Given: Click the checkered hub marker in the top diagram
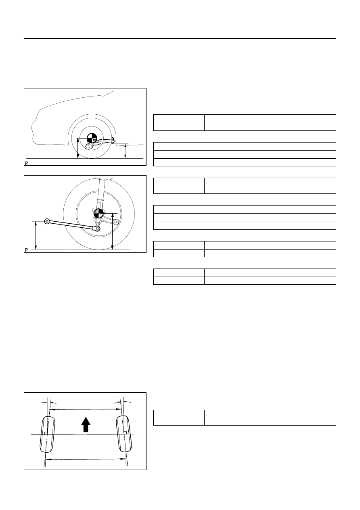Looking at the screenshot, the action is (92, 138).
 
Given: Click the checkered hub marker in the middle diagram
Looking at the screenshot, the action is (99, 213).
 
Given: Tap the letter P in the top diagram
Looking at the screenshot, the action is (26, 163).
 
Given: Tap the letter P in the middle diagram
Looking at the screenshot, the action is (26, 250).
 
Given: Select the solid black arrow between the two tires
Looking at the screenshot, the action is (86, 424).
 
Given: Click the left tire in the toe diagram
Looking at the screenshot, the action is (47, 434).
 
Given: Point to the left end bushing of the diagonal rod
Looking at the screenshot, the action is (47, 221).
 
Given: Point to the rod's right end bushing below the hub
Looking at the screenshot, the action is (97, 228).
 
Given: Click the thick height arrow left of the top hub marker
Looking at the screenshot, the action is (78, 148).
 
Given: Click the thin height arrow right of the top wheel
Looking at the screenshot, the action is (125, 151).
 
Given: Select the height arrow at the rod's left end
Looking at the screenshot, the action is (36, 235).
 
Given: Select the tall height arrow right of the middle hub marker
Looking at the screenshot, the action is (113, 231).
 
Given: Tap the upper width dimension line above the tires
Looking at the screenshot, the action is (86, 409).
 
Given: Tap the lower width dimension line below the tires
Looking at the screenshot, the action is (86, 459).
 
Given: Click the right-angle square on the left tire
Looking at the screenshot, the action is (46, 433).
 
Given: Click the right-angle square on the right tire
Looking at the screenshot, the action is (125, 432).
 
